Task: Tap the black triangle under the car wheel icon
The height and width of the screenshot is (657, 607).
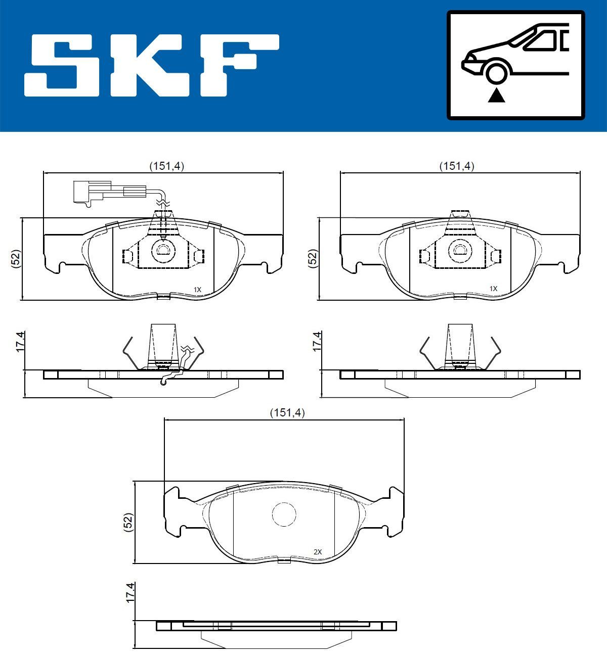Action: (497, 95)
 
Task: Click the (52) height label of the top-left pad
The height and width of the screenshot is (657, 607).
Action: (16, 259)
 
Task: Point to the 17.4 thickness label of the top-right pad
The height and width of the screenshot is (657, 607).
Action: (317, 342)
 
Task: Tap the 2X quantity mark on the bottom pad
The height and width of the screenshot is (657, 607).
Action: (318, 552)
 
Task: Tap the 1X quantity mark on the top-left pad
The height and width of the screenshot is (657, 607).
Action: (197, 290)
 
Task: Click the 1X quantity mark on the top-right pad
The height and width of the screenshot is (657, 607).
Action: (493, 289)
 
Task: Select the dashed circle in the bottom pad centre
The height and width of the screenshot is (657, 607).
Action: (284, 514)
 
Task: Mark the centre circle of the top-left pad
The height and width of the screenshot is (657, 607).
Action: (163, 250)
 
